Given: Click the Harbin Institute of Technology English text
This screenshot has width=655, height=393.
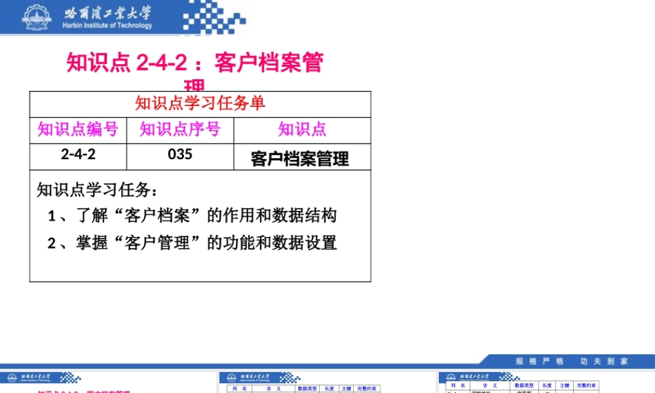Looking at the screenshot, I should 107,26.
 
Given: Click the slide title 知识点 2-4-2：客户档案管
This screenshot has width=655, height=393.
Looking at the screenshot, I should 195,64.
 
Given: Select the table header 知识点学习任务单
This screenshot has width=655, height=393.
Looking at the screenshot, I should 200,103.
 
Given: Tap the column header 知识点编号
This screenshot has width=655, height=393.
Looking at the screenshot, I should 78,129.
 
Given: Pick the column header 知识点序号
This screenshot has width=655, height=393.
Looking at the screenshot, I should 179,129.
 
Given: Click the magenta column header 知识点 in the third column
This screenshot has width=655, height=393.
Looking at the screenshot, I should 302,129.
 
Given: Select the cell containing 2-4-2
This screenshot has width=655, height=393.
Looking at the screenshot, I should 78,155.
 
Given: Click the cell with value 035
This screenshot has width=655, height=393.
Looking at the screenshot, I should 180,155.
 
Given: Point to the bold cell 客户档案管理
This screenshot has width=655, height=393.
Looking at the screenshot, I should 300,159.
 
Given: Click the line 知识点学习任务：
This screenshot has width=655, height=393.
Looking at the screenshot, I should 97,190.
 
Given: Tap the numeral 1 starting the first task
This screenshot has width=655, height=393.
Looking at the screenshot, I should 52,215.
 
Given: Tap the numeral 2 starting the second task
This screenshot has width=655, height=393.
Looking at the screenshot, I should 52,244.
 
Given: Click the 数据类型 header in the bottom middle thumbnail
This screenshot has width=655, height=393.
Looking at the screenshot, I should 307,388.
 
